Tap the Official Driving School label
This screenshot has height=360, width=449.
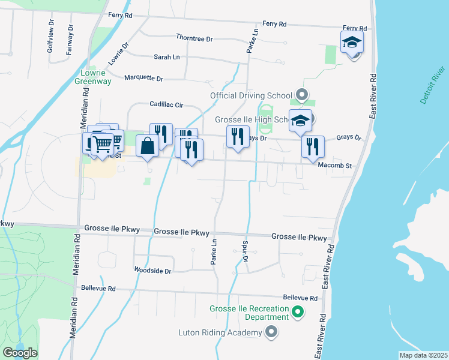pyautogui.click(x=251, y=95)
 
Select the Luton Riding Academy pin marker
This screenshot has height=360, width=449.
pyautogui.click(x=271, y=332)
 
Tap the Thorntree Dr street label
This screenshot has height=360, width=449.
pyautogui.click(x=194, y=38)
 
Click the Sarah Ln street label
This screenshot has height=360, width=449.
pyautogui.click(x=167, y=57)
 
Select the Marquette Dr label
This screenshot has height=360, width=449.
pyautogui.click(x=143, y=78)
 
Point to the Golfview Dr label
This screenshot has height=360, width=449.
pyautogui.click(x=50, y=38)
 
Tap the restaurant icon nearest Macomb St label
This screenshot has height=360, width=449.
pyautogui.click(x=313, y=147)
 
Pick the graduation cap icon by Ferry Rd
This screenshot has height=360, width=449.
pyautogui.click(x=352, y=42)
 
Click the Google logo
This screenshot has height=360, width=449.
pyautogui.click(x=20, y=353)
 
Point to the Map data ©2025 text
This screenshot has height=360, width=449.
pyautogui.click(x=423, y=355)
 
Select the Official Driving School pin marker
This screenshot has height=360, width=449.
pyautogui.click(x=302, y=95)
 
